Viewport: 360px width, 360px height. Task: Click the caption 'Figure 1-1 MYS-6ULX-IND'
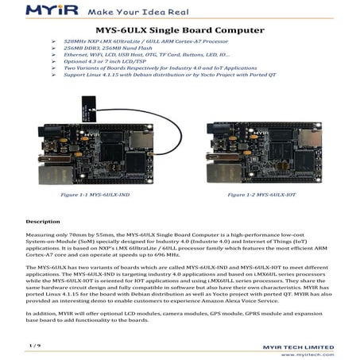(93, 194)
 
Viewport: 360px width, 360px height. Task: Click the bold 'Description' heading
(43, 220)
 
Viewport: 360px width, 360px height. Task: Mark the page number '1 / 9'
(34, 344)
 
